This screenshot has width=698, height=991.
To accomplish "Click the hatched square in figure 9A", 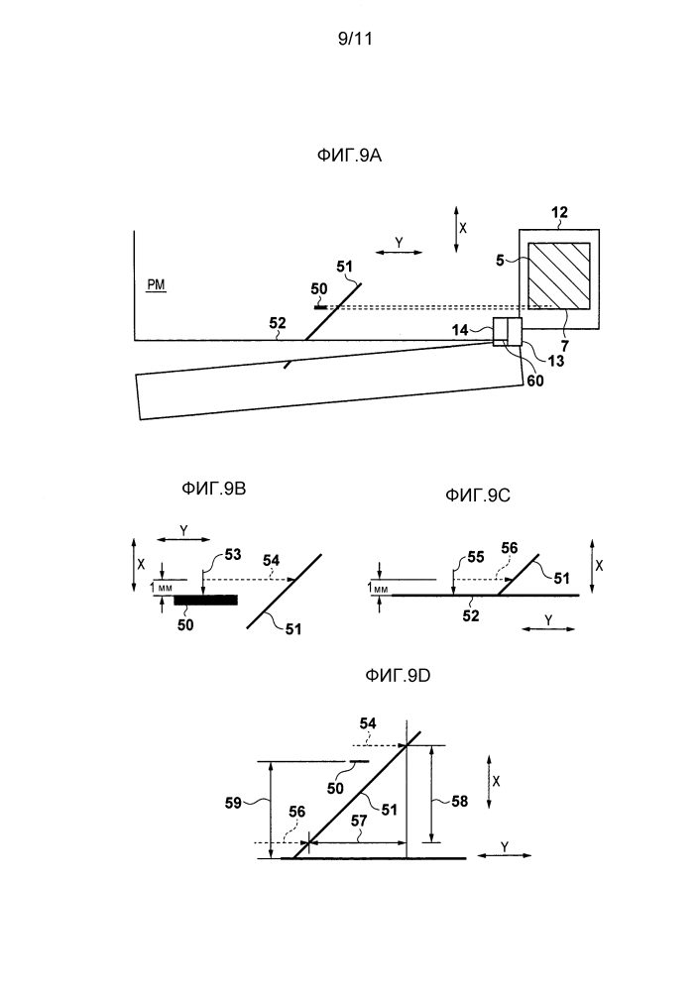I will tap(558, 275).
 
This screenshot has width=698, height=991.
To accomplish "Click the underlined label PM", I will tap(157, 285).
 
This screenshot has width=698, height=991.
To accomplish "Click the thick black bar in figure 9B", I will tap(205, 600).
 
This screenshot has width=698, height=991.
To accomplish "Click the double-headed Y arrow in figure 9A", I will tap(400, 254).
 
